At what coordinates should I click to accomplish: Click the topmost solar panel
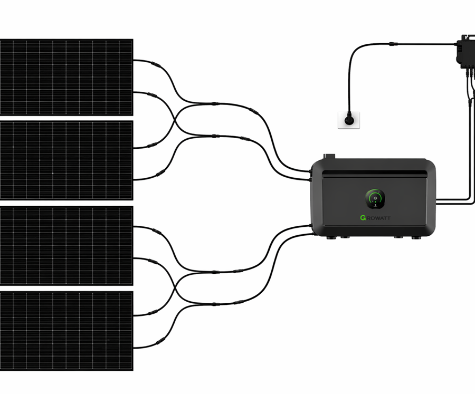(66, 77)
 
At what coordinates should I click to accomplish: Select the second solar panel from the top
(66, 160)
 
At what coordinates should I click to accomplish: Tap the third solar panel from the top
(66, 246)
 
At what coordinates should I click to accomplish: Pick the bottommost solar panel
(66, 330)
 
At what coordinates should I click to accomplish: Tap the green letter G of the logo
(363, 217)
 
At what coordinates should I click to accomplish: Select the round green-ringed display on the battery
(375, 199)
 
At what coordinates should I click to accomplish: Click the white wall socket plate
(349, 120)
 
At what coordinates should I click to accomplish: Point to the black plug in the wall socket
(349, 121)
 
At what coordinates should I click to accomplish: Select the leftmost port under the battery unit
(331, 237)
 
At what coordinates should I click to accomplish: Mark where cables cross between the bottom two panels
(174, 287)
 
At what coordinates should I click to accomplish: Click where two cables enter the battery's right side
(438, 200)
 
